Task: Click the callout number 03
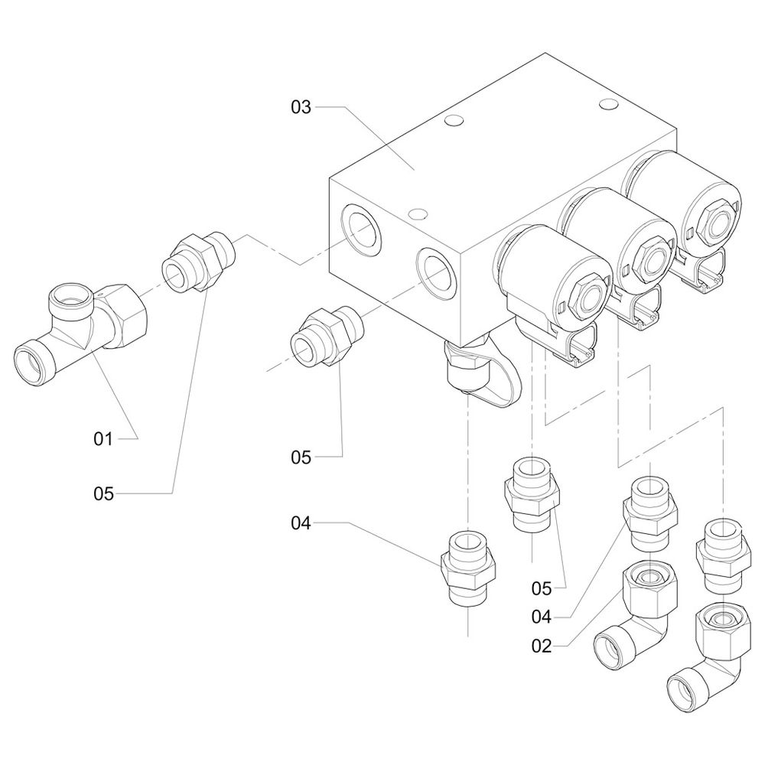301,107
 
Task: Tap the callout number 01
103,438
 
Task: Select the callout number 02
541,646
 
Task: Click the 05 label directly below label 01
103,493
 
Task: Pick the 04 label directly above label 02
541,616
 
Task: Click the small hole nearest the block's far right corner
609,103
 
